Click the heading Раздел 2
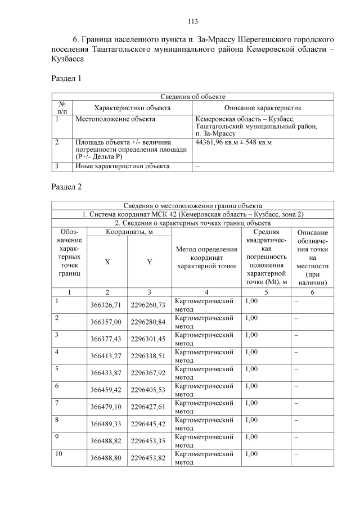(x=66, y=187)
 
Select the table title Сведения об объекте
(x=193, y=97)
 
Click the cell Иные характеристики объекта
(x=122, y=166)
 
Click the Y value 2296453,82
(x=148, y=458)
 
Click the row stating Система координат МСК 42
(x=193, y=214)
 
